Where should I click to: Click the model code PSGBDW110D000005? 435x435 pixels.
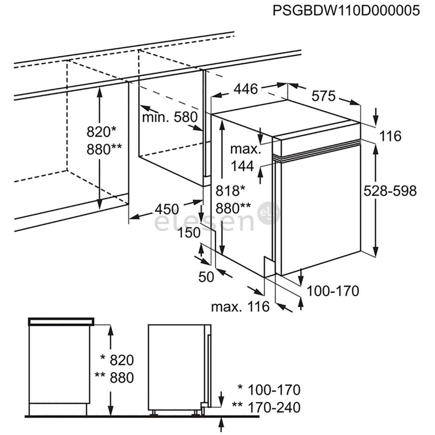click(x=346, y=10)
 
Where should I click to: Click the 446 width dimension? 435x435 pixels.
click(x=246, y=89)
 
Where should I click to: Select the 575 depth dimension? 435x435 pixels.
click(x=323, y=96)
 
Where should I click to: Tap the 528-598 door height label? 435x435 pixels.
click(x=390, y=191)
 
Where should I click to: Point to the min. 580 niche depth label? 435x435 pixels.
click(x=170, y=118)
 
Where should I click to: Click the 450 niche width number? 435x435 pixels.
click(x=167, y=209)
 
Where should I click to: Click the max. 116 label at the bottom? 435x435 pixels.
click(x=240, y=307)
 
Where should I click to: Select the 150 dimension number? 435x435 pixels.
click(x=189, y=233)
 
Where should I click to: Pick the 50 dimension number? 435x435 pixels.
click(x=206, y=277)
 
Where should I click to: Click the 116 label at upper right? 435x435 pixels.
click(x=390, y=136)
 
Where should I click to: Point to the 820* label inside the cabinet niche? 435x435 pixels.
click(x=101, y=132)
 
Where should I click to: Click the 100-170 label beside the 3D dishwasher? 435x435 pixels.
click(x=333, y=290)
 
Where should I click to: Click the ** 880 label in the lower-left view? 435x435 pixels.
click(x=114, y=377)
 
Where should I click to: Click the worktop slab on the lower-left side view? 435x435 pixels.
click(x=61, y=321)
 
